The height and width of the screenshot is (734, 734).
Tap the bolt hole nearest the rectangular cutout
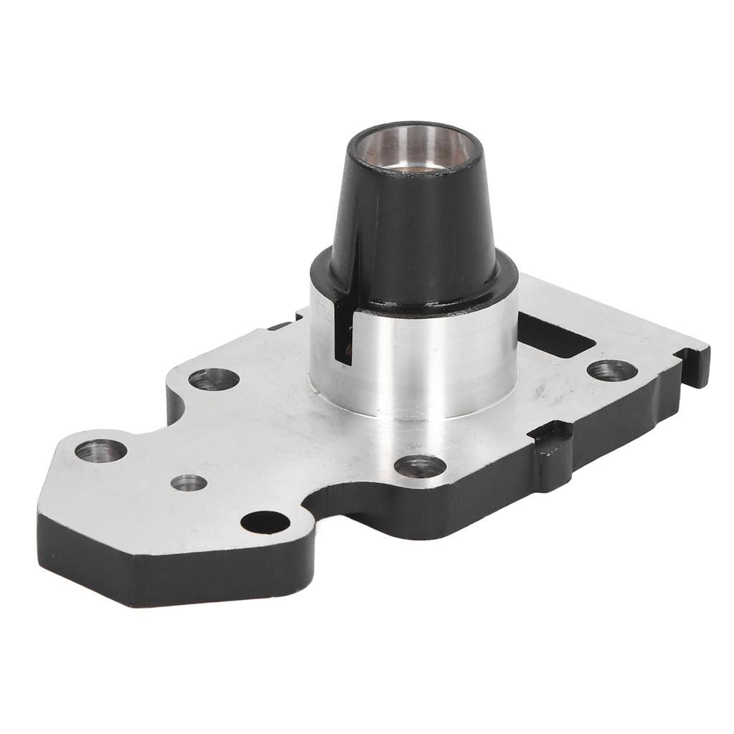tap(611, 370)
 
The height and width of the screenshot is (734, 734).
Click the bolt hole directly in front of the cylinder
tap(420, 466)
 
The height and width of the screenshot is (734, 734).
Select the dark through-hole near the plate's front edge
tap(265, 522)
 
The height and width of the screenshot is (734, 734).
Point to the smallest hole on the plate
tap(189, 482)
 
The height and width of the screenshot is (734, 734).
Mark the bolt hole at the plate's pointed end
tap(100, 450)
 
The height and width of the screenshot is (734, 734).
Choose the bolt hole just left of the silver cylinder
tap(214, 378)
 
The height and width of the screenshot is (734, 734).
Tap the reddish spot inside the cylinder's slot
tap(347, 349)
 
